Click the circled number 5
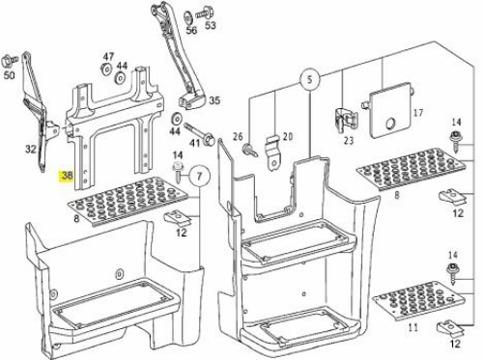(309, 79)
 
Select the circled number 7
(200, 176)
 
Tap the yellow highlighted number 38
(67, 176)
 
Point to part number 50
(9, 75)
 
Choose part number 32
(31, 149)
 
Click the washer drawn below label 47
(105, 69)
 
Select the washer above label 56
(187, 17)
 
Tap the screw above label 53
(203, 13)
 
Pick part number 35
(214, 100)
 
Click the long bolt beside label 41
(200, 134)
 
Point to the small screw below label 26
(250, 150)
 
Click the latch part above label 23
(346, 122)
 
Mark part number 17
(418, 113)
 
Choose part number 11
(413, 327)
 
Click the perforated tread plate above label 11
(419, 300)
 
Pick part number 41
(195, 142)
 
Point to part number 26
(238, 137)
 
